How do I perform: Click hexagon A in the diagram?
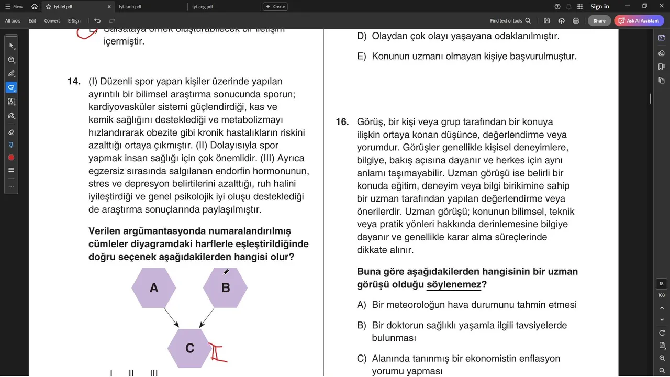coord(154,288)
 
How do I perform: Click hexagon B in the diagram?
coord(225,288)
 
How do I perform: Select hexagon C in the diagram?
coord(189,348)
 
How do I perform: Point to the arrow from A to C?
coord(172,318)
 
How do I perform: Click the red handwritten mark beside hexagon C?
coord(217,352)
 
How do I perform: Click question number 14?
coord(74,82)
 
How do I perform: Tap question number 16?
coord(342,122)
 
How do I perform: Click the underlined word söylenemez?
coord(454,284)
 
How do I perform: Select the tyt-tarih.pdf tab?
coord(130,7)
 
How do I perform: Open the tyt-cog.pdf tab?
coord(203,7)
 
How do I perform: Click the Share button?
coord(599,21)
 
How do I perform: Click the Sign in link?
coord(600,7)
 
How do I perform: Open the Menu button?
coord(14,7)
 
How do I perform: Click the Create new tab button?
coord(275,7)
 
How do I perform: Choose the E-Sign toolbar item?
coord(74,21)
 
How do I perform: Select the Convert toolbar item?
coord(52,21)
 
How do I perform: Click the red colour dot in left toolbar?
coord(11,158)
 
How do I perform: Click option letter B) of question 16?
coord(362,326)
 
